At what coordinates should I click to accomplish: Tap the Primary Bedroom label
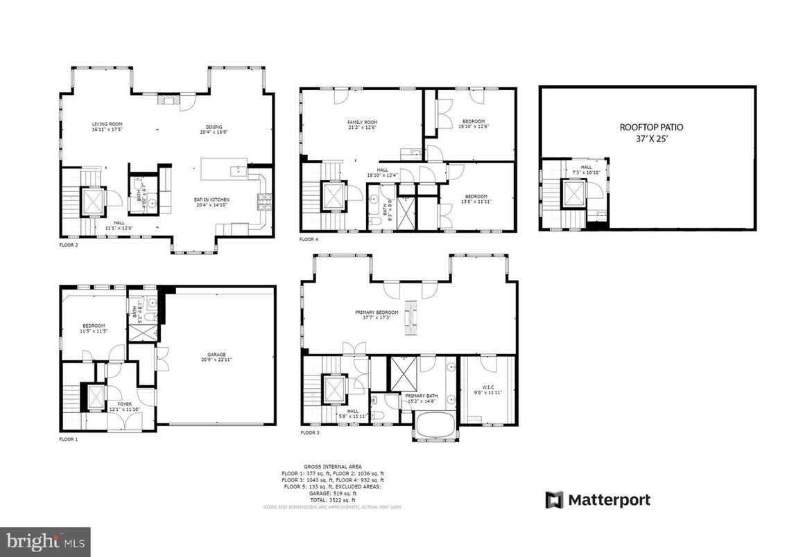coord(377,315)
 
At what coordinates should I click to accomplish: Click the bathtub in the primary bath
coord(435,424)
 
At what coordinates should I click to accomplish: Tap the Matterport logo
coord(598,499)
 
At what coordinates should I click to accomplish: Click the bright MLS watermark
coord(45,541)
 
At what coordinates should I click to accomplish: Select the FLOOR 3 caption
coord(309,432)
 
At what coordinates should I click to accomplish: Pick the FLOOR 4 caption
coord(309,239)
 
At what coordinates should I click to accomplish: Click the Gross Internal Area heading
coord(332,467)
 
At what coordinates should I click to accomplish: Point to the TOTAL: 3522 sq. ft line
coord(332,499)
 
